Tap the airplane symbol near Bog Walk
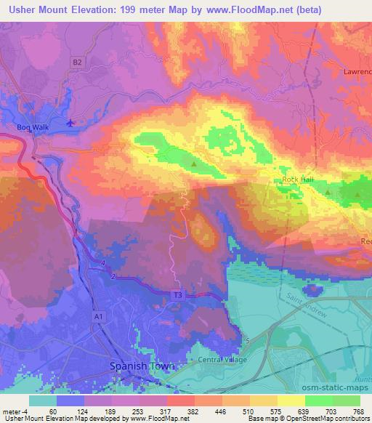tap(70, 122)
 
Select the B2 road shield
tap(78, 63)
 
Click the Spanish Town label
tap(142, 367)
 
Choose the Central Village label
tap(222, 360)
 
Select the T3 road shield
tap(177, 295)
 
